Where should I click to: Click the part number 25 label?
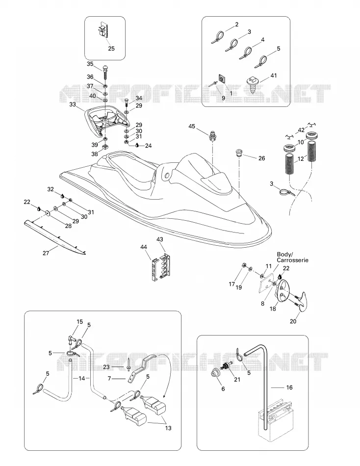tap(111, 49)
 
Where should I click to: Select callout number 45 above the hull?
tap(192, 126)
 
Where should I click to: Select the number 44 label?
tap(144, 247)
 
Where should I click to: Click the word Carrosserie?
tap(292, 260)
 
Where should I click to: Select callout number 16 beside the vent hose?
tap(289, 388)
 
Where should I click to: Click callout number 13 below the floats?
tap(168, 428)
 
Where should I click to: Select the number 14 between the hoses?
tap(81, 378)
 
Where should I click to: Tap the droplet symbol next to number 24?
tap(137, 145)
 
